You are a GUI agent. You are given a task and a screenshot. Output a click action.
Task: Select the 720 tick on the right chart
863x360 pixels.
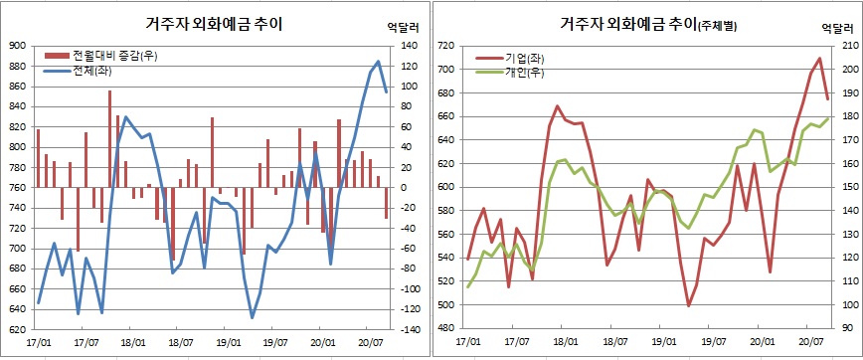click(x=445, y=46)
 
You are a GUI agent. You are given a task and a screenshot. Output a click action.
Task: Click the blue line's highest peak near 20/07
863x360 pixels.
click(x=378, y=61)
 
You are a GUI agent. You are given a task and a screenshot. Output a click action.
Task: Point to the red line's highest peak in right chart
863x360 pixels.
click(x=819, y=58)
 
